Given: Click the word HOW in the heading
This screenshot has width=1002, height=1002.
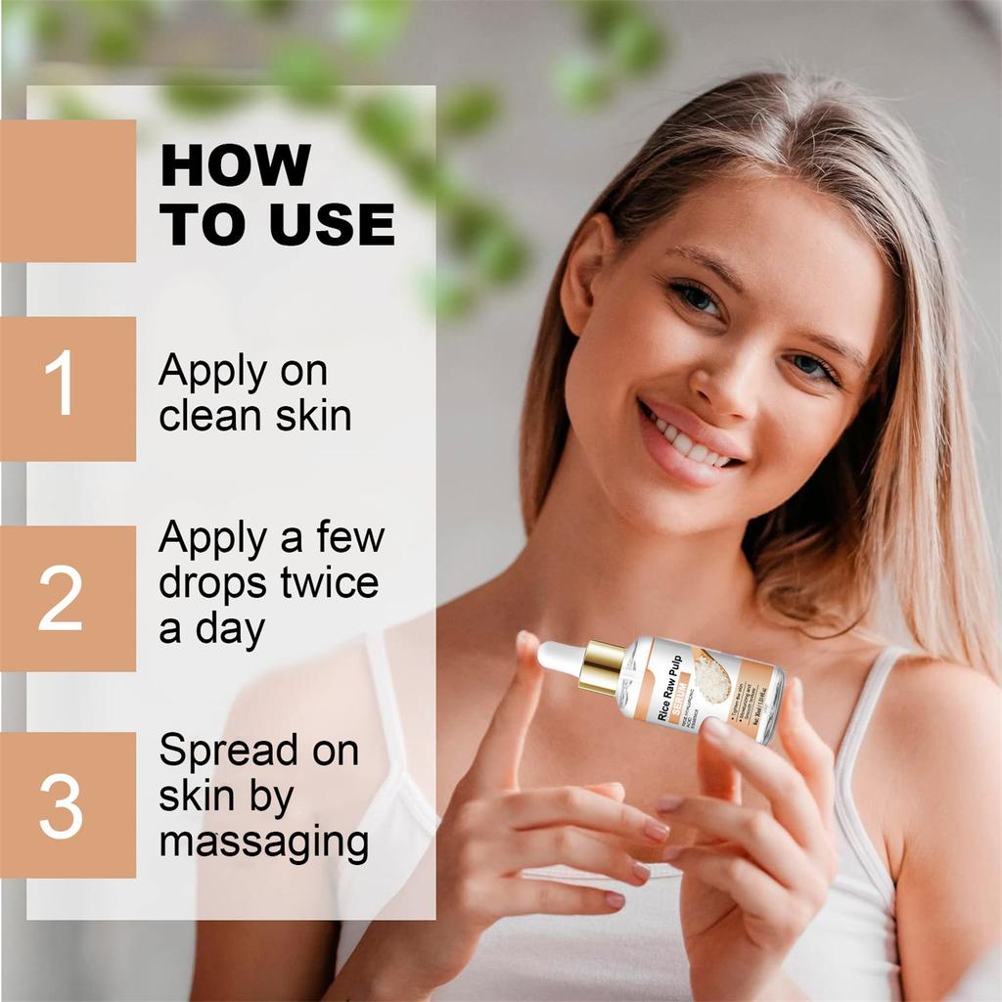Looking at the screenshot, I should pyautogui.click(x=236, y=165).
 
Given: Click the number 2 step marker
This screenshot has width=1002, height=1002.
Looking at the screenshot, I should pyautogui.click(x=61, y=599).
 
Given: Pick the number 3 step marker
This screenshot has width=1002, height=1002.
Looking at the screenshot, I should pyautogui.click(x=61, y=805).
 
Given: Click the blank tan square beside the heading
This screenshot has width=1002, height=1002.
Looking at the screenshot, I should pyautogui.click(x=67, y=191).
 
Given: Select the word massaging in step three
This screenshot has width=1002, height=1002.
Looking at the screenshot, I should pyautogui.click(x=264, y=842).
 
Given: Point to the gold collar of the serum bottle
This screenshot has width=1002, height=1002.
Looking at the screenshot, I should pyautogui.click(x=601, y=667).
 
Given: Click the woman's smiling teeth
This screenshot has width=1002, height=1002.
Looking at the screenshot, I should pyautogui.click(x=690, y=443).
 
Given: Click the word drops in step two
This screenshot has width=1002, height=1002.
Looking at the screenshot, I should pyautogui.click(x=213, y=583).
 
